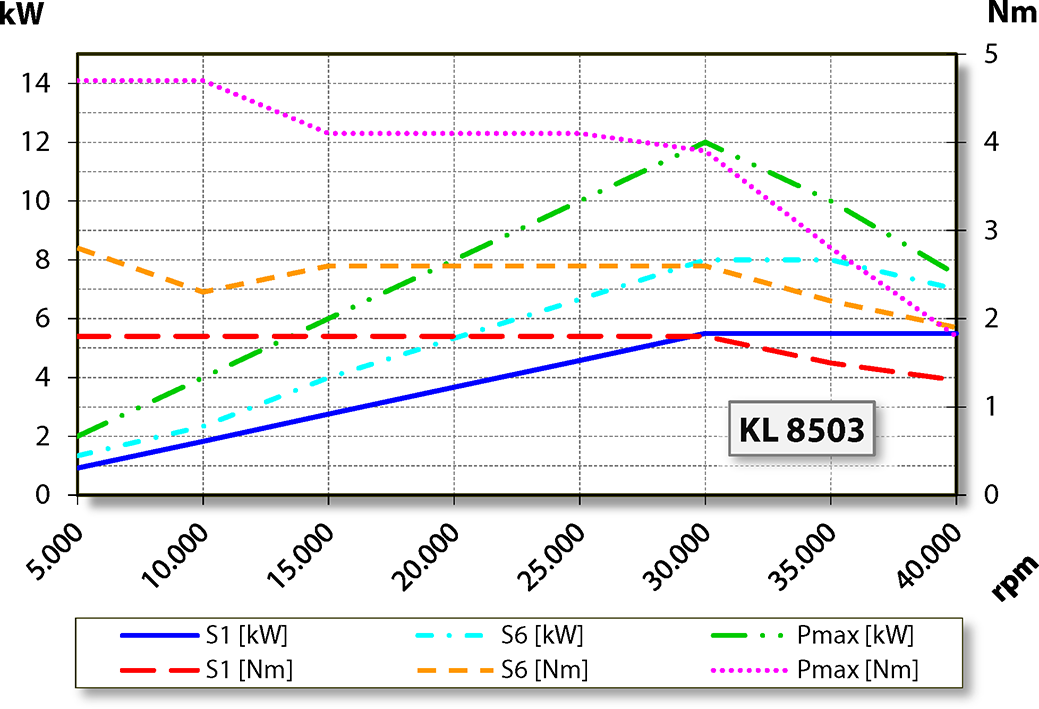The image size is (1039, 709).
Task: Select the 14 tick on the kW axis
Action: pos(36,83)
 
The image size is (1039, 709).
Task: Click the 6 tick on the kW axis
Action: pos(44,319)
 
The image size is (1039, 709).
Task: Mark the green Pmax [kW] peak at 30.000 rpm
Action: pos(705,142)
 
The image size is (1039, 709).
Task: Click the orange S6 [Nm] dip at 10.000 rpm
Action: pos(203,291)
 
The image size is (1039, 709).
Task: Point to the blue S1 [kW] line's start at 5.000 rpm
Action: pos(78,468)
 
